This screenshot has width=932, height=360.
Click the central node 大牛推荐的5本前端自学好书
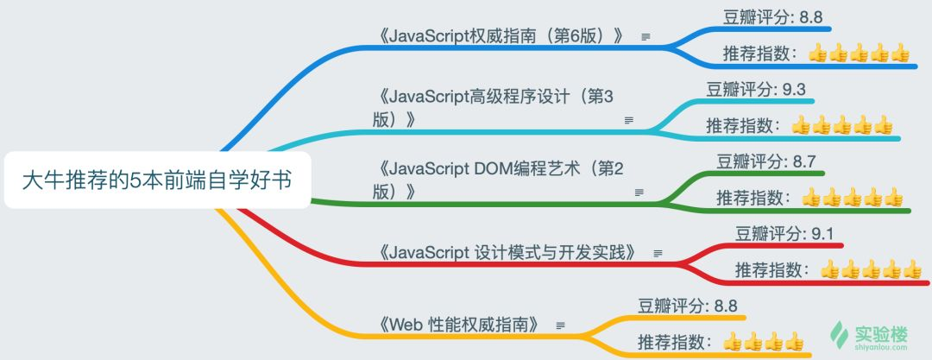[156, 180]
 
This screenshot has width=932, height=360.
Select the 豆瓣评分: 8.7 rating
[765, 160]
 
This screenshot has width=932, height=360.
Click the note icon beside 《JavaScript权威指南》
[645, 37]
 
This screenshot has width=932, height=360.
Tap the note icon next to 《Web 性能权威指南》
[561, 325]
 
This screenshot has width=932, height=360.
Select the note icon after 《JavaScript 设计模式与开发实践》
[658, 253]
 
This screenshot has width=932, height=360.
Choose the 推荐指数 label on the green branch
[752, 199]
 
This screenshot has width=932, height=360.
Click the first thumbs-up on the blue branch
[818, 54]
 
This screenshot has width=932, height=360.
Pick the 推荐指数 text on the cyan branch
[741, 126]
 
